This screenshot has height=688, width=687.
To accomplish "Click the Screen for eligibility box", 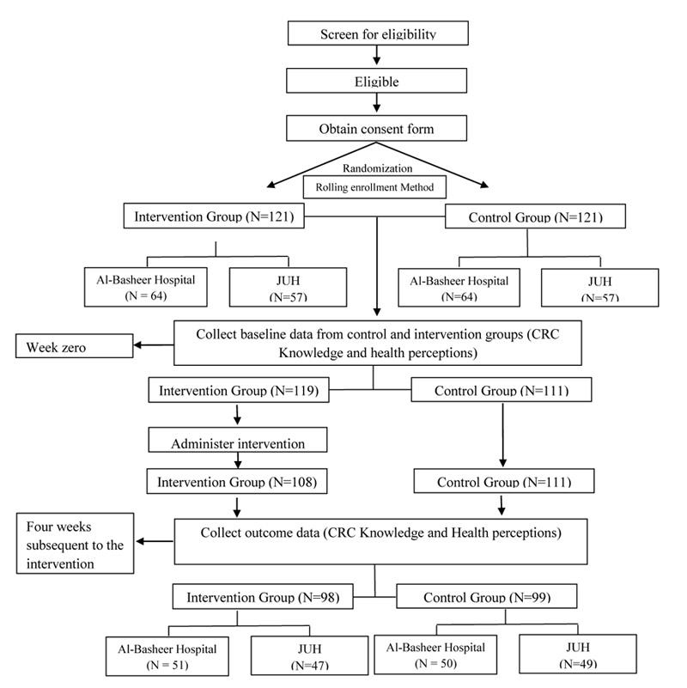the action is click(x=378, y=33).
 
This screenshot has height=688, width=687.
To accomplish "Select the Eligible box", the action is click(x=376, y=80).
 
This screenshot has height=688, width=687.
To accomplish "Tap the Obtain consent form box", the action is click(x=376, y=128).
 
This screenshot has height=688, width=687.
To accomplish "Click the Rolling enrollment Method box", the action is click(x=374, y=187).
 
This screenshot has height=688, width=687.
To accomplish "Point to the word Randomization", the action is click(x=377, y=168).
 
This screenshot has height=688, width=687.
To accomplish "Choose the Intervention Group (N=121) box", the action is click(x=214, y=216).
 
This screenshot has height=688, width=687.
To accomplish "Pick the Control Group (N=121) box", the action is click(x=535, y=216).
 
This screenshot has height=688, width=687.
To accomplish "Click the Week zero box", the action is click(x=74, y=346).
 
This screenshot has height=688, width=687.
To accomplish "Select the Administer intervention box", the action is click(x=238, y=440).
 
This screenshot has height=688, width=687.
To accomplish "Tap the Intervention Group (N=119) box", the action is click(x=239, y=390).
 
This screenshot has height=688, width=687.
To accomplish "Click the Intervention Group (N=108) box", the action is click(x=237, y=481).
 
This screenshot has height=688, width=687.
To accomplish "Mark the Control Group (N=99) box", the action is click(x=487, y=596).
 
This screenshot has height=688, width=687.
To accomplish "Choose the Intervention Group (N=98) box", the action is click(x=263, y=596).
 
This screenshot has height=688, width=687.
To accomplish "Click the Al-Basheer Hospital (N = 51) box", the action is click(x=167, y=656).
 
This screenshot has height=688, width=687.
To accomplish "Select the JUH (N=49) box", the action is click(x=578, y=654).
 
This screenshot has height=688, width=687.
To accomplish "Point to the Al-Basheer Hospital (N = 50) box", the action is click(x=435, y=655).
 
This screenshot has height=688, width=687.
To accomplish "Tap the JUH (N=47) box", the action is click(x=309, y=655).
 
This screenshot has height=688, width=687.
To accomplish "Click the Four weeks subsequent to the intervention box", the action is click(x=75, y=543).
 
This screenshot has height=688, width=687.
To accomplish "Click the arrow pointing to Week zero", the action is click(x=154, y=345).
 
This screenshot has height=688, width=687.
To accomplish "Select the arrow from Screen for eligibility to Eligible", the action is click(x=376, y=55).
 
